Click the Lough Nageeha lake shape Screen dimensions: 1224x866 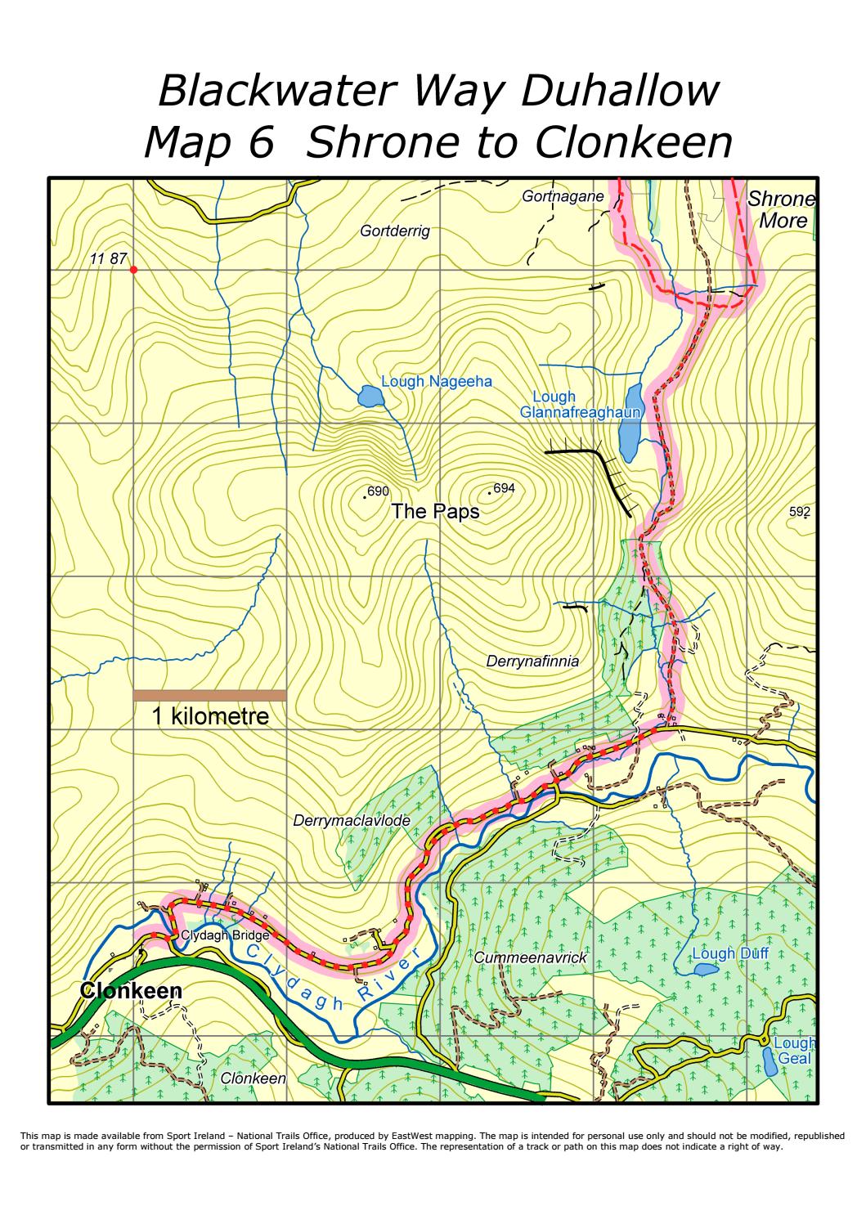370,398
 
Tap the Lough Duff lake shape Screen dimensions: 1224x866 706,970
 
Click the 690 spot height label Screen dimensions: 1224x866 378,491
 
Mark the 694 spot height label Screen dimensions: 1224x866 504,488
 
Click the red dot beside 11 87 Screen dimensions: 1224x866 133,269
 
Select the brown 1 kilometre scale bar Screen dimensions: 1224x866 210,695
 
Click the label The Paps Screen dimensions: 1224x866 435,512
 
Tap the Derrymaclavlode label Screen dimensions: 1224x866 352,820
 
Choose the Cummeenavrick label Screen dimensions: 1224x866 531,956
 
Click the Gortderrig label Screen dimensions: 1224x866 394,231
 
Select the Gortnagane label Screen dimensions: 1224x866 563,196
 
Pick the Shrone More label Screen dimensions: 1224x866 782,209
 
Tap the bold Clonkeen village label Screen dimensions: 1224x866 130,990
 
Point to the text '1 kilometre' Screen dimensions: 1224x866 210,716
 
